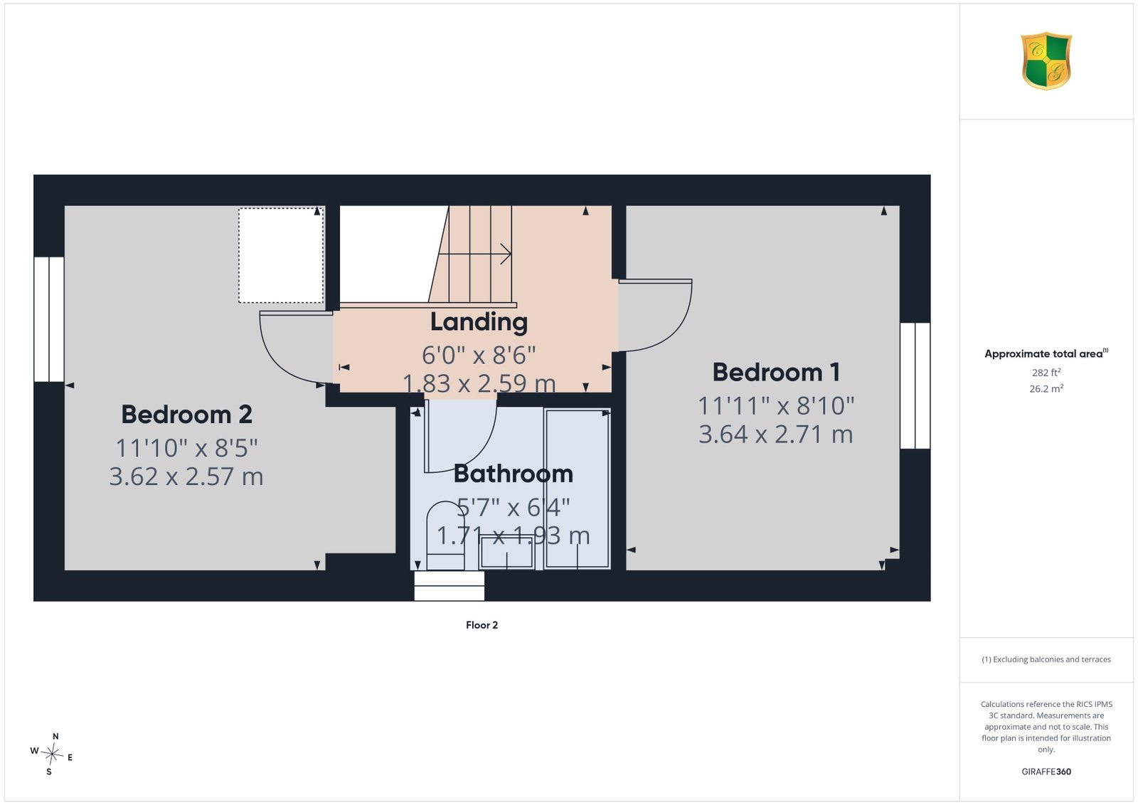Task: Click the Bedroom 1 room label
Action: tap(776, 373)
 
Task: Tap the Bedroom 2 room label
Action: tap(186, 415)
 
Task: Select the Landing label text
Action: tap(479, 322)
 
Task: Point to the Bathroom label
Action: tap(513, 474)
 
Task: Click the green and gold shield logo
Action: tap(1046, 61)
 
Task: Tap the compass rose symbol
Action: tap(52, 754)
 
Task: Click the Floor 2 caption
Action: tap(482, 625)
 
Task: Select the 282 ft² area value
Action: tap(1046, 373)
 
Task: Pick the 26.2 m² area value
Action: tap(1046, 388)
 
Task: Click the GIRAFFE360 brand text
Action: tap(1046, 772)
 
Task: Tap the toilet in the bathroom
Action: tap(445, 535)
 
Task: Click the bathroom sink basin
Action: tap(506, 553)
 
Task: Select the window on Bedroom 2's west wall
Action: tap(49, 319)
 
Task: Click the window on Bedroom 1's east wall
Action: tap(915, 385)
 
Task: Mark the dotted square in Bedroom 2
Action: tap(281, 255)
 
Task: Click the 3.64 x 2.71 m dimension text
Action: tap(776, 435)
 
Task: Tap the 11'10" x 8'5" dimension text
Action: tap(186, 448)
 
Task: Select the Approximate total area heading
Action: tap(1046, 353)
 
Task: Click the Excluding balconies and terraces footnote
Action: tap(1046, 659)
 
